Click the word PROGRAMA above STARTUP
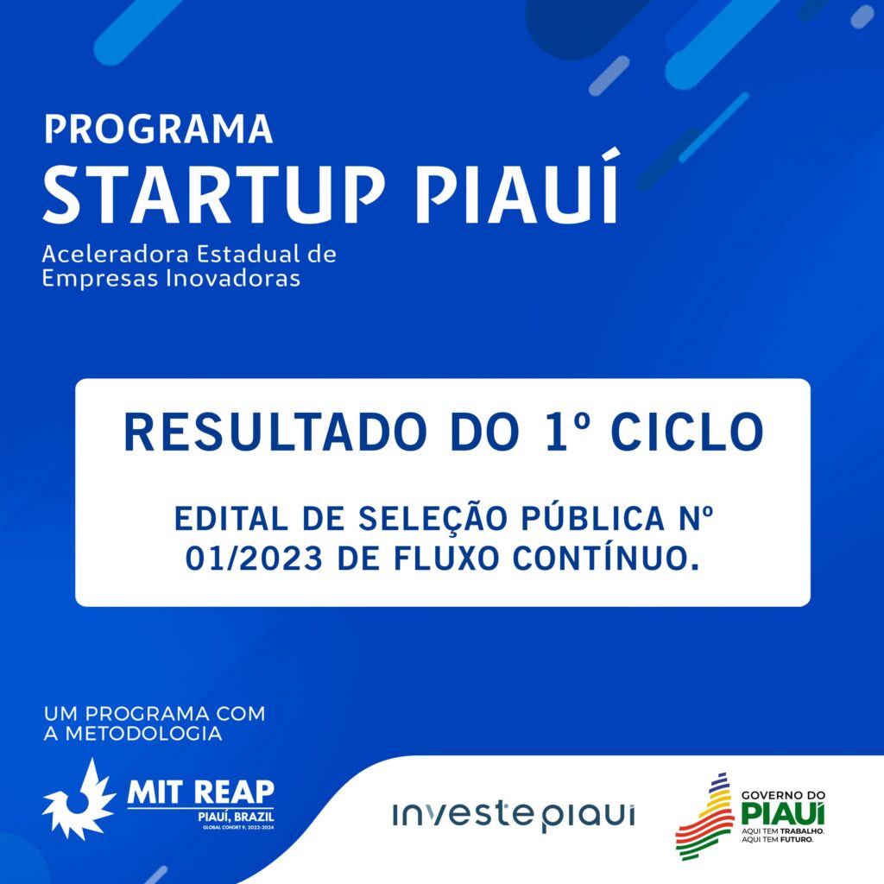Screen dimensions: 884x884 (x=158, y=129)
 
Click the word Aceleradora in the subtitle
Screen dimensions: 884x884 (x=112, y=256)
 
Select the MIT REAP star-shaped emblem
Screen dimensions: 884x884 (x=79, y=799)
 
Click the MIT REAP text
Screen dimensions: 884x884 (x=200, y=791)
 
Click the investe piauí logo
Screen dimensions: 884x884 (x=513, y=814)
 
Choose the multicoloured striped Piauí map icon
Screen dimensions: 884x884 (x=704, y=816)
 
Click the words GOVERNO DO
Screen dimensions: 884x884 (x=783, y=795)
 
